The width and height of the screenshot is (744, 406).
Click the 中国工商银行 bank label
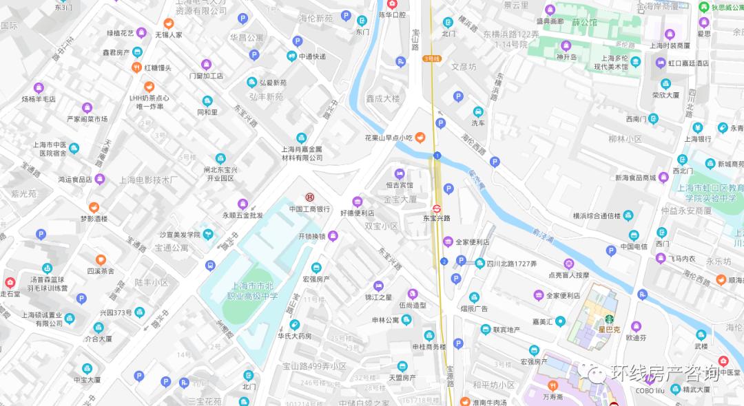coord(309,209)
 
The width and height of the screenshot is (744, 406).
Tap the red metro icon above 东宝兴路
coord(437,208)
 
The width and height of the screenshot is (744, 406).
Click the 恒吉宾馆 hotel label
coord(400,184)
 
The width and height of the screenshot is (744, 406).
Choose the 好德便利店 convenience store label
coord(357,213)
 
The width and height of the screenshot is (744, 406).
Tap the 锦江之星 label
coord(378,297)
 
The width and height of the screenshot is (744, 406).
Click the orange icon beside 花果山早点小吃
coord(420,138)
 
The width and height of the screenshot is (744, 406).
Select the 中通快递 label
coord(312,56)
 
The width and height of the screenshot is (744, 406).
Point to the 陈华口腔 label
coord(393,14)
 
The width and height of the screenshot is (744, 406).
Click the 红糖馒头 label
coord(158,67)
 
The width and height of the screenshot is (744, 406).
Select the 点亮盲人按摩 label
coord(568,274)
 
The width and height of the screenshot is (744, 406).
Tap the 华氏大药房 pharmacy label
coord(295,336)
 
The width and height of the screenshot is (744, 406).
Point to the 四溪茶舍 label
coord(101,270)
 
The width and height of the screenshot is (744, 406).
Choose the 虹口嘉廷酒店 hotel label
coord(688,63)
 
